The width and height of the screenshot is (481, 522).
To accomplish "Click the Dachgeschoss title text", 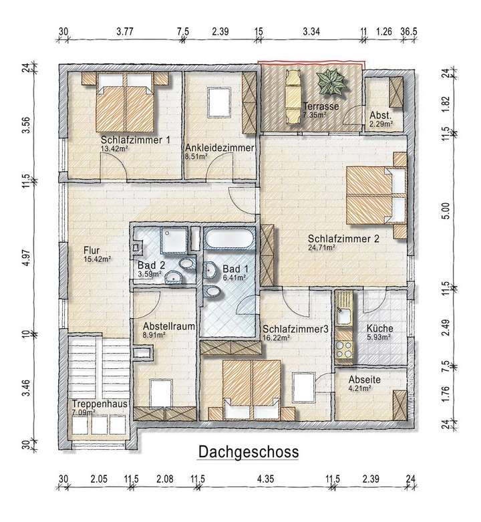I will [x=249, y=452].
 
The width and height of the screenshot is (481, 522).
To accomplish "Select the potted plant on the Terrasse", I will [x=331, y=84].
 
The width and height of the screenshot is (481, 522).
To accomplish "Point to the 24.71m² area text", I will [x=321, y=247].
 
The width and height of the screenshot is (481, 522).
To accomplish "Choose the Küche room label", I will [x=379, y=329].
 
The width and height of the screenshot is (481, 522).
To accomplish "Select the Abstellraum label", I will [x=164, y=327].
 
